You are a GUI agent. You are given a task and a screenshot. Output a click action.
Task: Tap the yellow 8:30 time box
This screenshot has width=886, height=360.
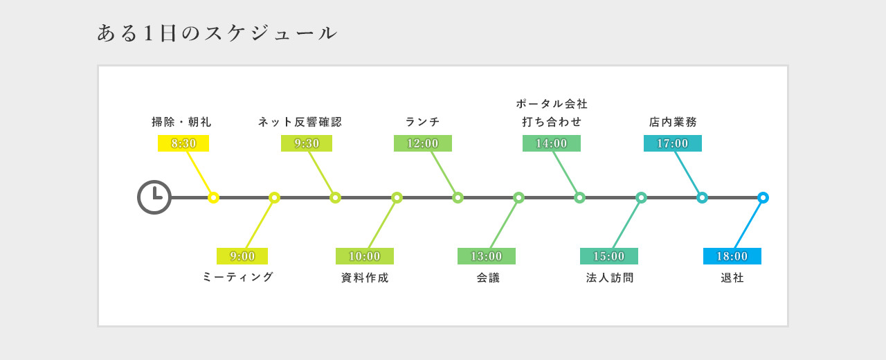coord(183,143)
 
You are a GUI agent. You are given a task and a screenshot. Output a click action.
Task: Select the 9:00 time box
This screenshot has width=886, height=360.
coord(242,256)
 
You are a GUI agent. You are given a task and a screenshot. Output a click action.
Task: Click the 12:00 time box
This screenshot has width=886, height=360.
coord(423,143)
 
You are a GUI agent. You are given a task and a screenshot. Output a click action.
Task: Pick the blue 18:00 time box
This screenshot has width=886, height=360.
coord(732,256)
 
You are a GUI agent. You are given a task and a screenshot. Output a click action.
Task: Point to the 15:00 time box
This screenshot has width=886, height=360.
coord(609,256)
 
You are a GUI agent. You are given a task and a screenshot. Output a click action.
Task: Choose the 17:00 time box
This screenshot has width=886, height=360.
coord(673,143)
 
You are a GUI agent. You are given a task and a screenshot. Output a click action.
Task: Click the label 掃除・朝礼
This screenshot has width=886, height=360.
coord(181,122)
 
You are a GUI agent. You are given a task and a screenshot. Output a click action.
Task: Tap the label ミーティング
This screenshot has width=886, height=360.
coord(237,277)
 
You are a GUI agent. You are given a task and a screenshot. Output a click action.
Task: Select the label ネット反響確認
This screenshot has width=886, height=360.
coord(300,122)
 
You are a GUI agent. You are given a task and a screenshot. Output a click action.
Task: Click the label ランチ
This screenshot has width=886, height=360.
coord(422,122)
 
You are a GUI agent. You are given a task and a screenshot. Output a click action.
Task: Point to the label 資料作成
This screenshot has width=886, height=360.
coord(365,278)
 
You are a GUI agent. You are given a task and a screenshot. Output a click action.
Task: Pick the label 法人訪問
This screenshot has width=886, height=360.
coord(610,278)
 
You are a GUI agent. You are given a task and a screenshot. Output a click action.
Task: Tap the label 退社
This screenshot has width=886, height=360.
coord(732,278)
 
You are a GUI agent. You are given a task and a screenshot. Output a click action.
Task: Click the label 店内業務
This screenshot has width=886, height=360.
coord(673,122)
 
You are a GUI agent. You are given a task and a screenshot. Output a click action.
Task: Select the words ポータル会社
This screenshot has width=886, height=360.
coord(552,104)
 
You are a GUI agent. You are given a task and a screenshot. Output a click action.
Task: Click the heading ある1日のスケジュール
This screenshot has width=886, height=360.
coord(217,33)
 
